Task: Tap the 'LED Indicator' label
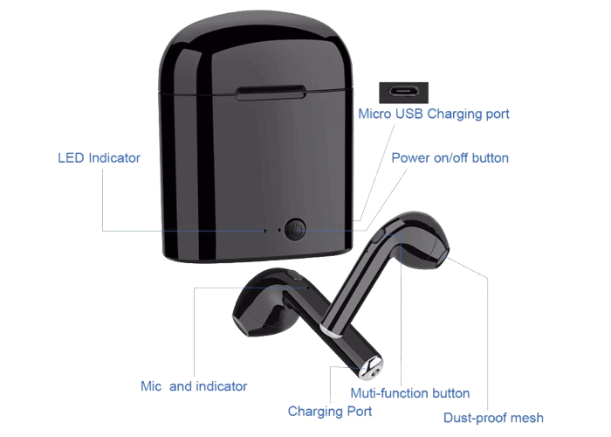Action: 99,158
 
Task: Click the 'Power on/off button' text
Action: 449,158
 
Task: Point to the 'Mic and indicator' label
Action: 194,386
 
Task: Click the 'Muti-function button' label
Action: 410,393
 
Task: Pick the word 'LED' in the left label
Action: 70,158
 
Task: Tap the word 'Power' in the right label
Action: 408,158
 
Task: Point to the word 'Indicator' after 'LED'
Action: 113,158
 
